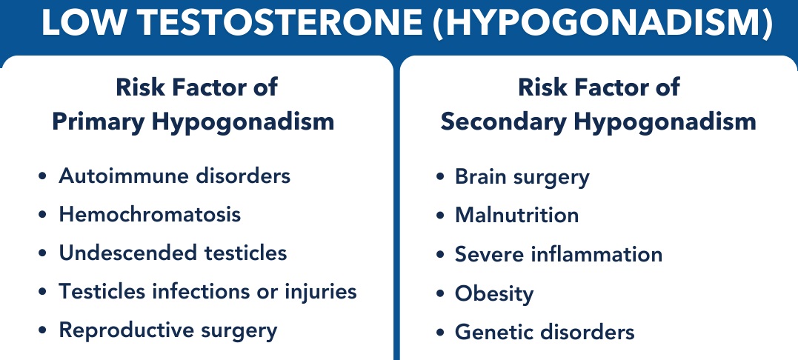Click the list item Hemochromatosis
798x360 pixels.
point(150,214)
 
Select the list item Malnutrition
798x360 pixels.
point(516,215)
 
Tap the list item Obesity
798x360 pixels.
point(494,293)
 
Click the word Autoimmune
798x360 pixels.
point(124,176)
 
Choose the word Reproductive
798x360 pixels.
point(127,330)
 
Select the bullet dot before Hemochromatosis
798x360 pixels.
point(43,215)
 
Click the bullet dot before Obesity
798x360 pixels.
point(440,294)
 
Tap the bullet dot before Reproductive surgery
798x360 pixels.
point(43,331)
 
